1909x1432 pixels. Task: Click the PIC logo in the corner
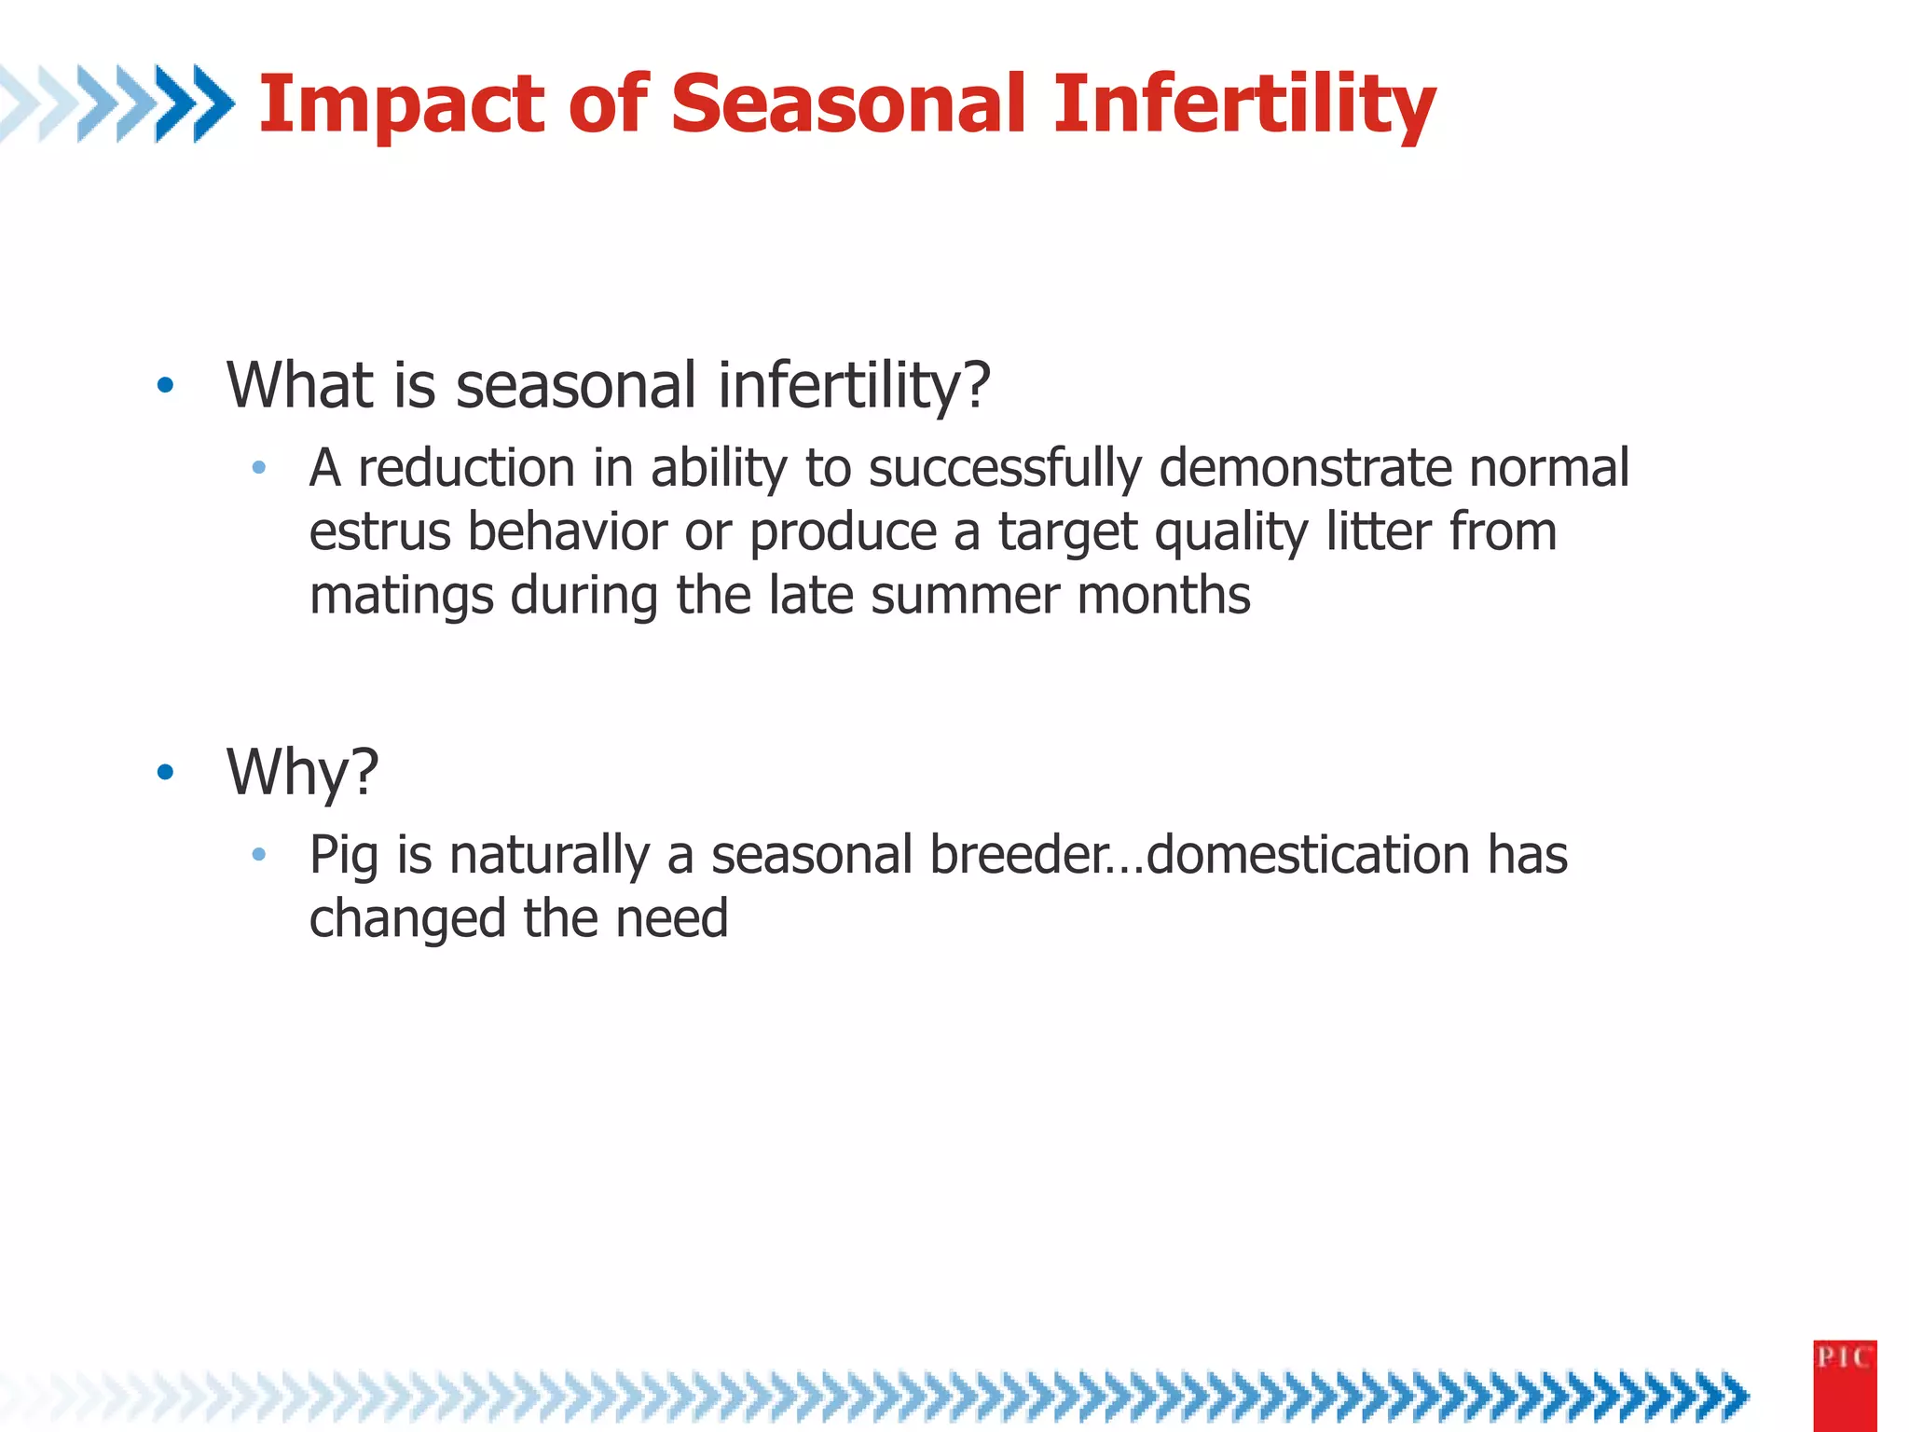coord(1844,1384)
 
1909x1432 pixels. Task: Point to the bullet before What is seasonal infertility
coord(166,385)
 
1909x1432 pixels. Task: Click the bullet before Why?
coord(166,772)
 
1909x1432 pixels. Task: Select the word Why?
coord(302,772)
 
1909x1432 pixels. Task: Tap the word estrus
coord(378,531)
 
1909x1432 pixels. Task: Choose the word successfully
coord(1004,467)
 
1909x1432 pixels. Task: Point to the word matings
coord(401,597)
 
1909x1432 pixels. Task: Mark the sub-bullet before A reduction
coord(259,467)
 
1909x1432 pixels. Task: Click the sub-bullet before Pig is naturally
coord(259,854)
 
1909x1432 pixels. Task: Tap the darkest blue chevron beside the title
coord(213,103)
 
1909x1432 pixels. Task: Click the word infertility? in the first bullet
coord(853,385)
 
